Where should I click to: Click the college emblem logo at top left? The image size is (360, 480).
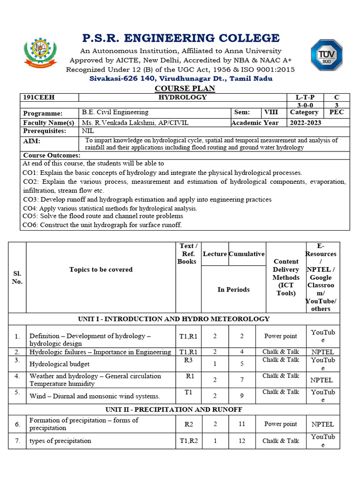pyautogui.click(x=40, y=53)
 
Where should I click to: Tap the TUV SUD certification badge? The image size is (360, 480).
pyautogui.click(x=327, y=55)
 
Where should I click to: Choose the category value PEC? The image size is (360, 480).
pyautogui.click(x=336, y=112)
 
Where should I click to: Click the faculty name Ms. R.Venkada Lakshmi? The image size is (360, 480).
pyautogui.click(x=128, y=123)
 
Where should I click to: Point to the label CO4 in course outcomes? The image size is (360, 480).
pyautogui.click(x=30, y=208)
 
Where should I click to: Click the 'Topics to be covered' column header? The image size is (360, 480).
pyautogui.click(x=101, y=270)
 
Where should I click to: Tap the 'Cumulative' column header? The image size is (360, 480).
pyautogui.click(x=247, y=254)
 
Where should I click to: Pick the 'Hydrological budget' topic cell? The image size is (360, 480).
pyautogui.click(x=60, y=364)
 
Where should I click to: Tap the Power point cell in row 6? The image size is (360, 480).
pyautogui.click(x=280, y=424)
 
